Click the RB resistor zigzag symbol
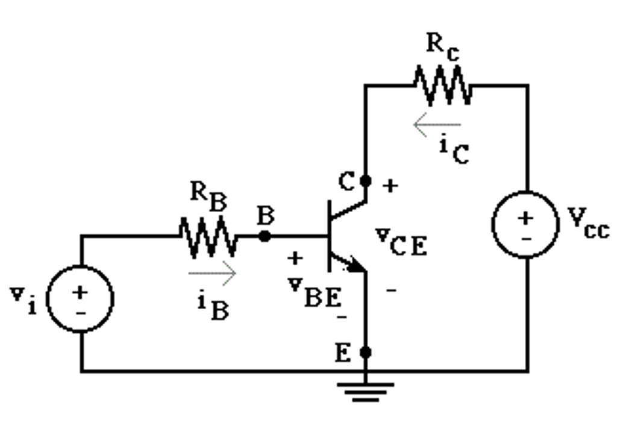(x=208, y=236)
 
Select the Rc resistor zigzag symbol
(x=442, y=86)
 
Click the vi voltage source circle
(x=81, y=299)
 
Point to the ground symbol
(x=365, y=391)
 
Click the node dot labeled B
(x=265, y=236)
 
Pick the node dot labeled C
(x=365, y=180)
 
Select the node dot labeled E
(x=365, y=352)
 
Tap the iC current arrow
(x=437, y=125)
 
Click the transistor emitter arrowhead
(x=356, y=265)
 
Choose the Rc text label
(x=442, y=47)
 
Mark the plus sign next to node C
(x=391, y=186)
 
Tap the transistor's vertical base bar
(x=330, y=236)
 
